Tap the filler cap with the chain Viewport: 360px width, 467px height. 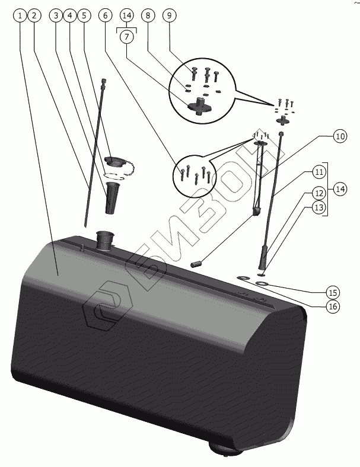click(x=113, y=162)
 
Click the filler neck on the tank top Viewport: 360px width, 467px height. click(x=104, y=241)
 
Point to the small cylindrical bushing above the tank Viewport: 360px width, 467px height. click(x=198, y=261)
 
